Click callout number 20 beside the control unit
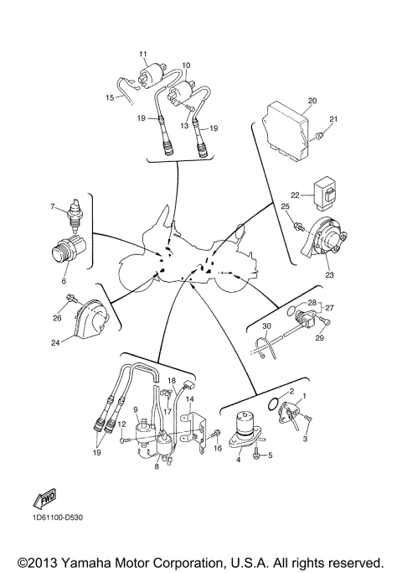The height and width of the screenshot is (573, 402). click(312, 101)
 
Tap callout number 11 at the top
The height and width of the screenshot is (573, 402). click(143, 54)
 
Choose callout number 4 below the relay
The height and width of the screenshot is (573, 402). click(239, 458)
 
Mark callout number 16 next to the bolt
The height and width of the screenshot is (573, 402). click(218, 450)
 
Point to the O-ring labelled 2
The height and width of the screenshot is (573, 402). click(271, 404)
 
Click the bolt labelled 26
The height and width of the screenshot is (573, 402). click(73, 300)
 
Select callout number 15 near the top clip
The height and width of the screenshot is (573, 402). click(110, 97)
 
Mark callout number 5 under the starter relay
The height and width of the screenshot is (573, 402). click(270, 455)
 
